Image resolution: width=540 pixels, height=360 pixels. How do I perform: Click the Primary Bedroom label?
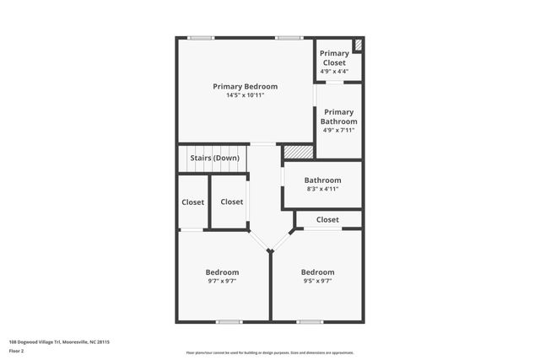coord(245,86)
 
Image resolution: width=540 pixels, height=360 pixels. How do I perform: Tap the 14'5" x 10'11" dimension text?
coord(245,95)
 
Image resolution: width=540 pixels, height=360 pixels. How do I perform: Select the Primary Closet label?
coord(334,58)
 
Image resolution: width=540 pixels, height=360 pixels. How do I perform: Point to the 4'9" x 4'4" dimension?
coord(334,72)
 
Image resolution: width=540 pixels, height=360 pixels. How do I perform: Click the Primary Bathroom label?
coord(338,116)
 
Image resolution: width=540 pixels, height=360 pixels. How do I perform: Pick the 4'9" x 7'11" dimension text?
coord(338,130)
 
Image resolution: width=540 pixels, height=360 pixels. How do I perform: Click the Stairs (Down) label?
coord(214,158)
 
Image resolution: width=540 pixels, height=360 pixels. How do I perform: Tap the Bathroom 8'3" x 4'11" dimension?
coord(322,189)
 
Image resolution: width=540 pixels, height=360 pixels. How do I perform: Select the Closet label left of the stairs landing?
coord(192,202)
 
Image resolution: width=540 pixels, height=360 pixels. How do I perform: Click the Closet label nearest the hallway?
coord(231,201)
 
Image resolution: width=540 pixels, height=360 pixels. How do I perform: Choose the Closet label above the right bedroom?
coord(327,219)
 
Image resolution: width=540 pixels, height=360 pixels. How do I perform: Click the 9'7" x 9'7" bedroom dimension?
coord(222,282)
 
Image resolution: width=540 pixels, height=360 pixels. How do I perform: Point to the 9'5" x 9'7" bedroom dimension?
coord(317,282)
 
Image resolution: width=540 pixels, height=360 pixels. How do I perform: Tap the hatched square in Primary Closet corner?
coord(358,45)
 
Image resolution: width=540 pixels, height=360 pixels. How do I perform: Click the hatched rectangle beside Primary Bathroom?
coord(297,151)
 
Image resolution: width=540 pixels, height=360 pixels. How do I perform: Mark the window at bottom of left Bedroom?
coord(229,321)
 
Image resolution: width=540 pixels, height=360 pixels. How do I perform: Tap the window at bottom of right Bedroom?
coord(310,321)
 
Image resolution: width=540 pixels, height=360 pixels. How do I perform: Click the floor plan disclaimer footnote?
coord(269,352)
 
